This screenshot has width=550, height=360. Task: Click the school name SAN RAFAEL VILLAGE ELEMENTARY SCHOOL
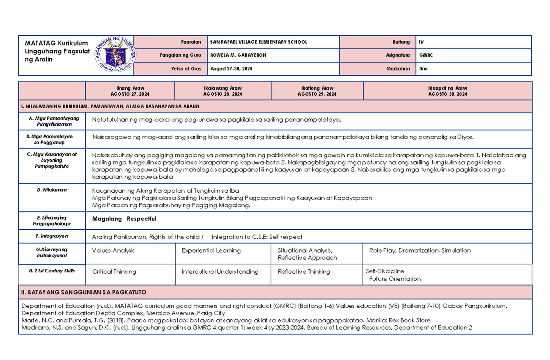tap(258, 42)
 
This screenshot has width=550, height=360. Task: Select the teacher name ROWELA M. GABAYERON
tap(238, 55)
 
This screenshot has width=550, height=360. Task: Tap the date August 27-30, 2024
tap(231, 68)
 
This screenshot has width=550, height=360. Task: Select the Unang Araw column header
tap(130, 91)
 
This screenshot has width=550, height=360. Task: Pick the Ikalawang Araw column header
tap(223, 91)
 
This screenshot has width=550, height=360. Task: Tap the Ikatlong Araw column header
tap(317, 91)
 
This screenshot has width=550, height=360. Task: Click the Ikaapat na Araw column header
tap(447, 91)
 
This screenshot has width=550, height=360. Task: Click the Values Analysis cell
tap(113, 250)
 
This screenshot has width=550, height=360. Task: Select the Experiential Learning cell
tap(211, 250)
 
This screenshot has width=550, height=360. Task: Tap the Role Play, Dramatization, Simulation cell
tap(420, 250)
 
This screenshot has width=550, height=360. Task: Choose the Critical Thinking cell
tap(114, 271)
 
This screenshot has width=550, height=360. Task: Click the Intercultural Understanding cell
tap(220, 271)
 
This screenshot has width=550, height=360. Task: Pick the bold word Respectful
tap(142, 219)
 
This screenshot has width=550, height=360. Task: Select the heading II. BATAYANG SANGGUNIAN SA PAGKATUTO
tap(84, 292)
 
